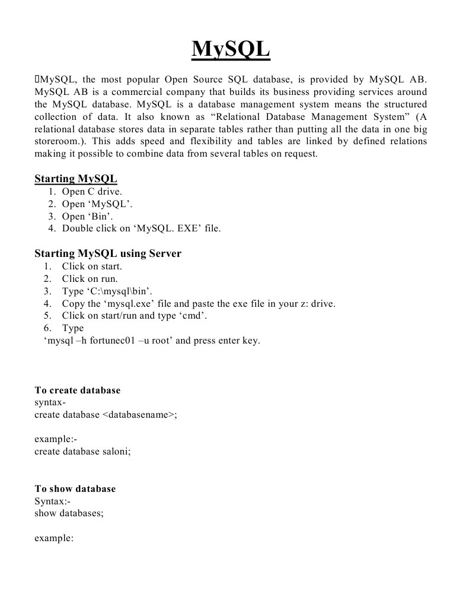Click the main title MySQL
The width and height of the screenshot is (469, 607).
pos(231,49)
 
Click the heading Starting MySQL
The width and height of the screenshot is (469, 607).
pos(75,179)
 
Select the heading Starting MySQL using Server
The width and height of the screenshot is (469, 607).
pos(108,253)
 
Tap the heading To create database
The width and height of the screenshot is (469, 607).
pos(77,390)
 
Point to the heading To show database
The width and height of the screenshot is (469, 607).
pos(75,489)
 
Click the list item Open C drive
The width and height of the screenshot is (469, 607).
pos(92,191)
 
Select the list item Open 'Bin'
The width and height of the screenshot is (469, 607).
pos(87,216)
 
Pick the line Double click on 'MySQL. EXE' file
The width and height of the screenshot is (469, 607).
pos(141,228)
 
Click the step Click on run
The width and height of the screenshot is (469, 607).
pos(90,278)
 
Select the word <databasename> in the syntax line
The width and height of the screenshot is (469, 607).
pos(139,415)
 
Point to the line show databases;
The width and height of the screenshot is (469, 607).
pos(69,513)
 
